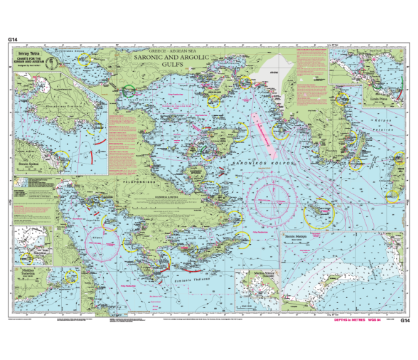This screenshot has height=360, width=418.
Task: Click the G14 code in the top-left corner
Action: coord(12,39)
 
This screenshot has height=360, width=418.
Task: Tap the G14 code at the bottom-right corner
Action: coord(405,321)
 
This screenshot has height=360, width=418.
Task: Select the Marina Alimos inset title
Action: coord(254,272)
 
